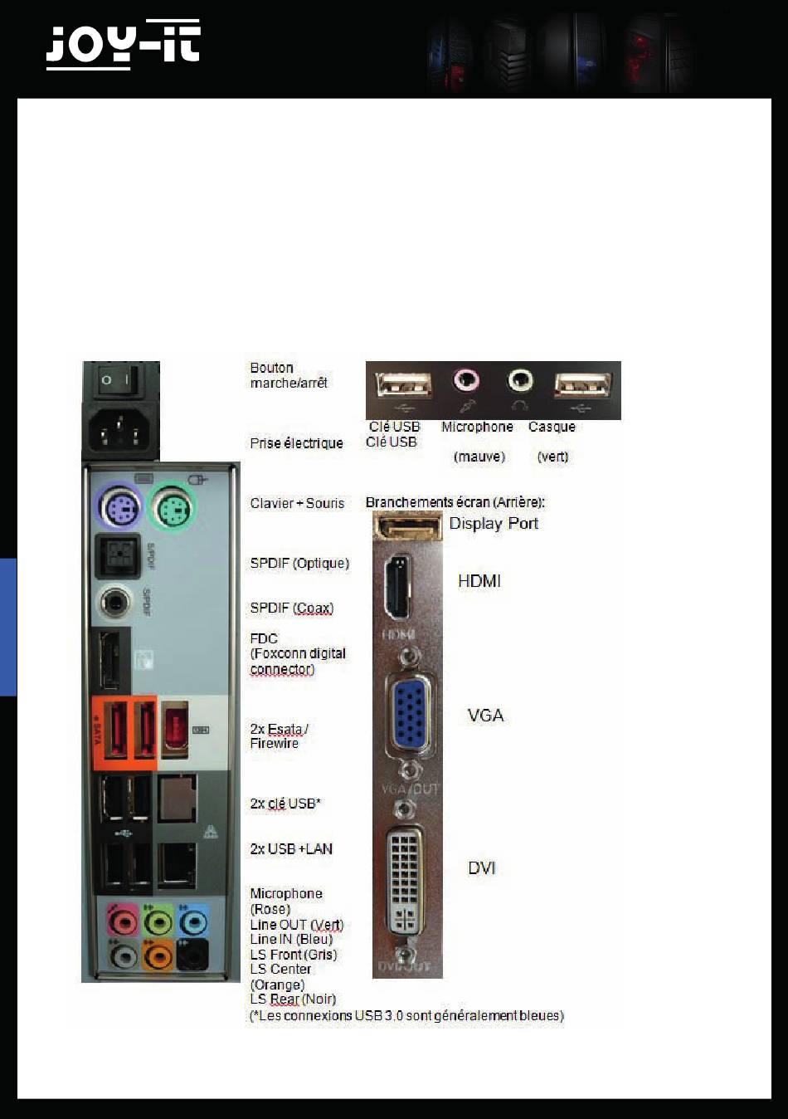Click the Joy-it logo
tap(123, 45)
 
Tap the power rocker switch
tap(116, 381)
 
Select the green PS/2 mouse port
tap(172, 506)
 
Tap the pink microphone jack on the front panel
tap(467, 381)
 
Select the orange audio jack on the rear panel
tap(158, 955)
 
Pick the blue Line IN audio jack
tap(192, 921)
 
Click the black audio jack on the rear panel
tap(192, 955)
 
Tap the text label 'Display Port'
tap(494, 524)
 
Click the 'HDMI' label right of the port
tap(479, 581)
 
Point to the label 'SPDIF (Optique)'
tap(299, 564)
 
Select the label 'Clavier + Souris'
tap(297, 503)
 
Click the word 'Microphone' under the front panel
tap(477, 427)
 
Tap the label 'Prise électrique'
tap(296, 443)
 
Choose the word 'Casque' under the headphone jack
tap(552, 427)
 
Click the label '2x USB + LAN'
tap(291, 849)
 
